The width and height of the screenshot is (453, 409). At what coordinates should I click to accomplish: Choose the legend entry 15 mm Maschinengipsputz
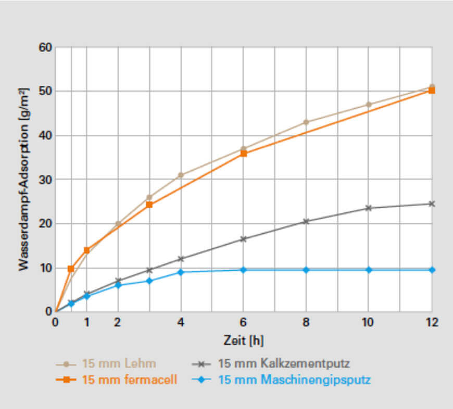pyautogui.click(x=294, y=379)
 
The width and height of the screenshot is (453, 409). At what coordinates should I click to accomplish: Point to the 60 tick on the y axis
pyautogui.click(x=46, y=48)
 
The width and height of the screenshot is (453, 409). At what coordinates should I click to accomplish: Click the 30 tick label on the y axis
pyautogui.click(x=46, y=180)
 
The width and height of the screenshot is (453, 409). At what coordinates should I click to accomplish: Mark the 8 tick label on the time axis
pyautogui.click(x=306, y=323)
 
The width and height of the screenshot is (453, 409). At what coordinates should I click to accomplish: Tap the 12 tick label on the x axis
pyautogui.click(x=431, y=323)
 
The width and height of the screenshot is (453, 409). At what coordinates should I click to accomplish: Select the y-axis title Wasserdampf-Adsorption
pyautogui.click(x=23, y=180)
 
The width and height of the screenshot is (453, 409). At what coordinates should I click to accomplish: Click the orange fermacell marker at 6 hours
pyautogui.click(x=244, y=154)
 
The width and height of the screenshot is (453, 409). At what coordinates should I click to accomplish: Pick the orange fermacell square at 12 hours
pyautogui.click(x=432, y=91)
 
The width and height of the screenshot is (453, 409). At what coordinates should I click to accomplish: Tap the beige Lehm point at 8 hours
pyautogui.click(x=306, y=122)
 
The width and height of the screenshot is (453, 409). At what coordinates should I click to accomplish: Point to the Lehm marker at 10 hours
pyautogui.click(x=369, y=105)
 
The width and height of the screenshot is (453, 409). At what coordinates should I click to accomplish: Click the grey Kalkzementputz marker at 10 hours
pyautogui.click(x=369, y=208)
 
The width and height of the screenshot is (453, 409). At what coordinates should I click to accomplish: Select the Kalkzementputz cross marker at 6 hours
pyautogui.click(x=244, y=239)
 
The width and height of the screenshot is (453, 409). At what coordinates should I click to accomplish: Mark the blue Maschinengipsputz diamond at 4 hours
pyautogui.click(x=181, y=272)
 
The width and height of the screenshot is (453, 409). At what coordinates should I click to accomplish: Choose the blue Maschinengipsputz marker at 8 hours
pyautogui.click(x=306, y=270)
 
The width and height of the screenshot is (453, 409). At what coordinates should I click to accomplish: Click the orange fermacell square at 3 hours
pyautogui.click(x=149, y=204)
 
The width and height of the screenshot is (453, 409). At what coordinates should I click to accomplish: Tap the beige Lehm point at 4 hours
pyautogui.click(x=181, y=175)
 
